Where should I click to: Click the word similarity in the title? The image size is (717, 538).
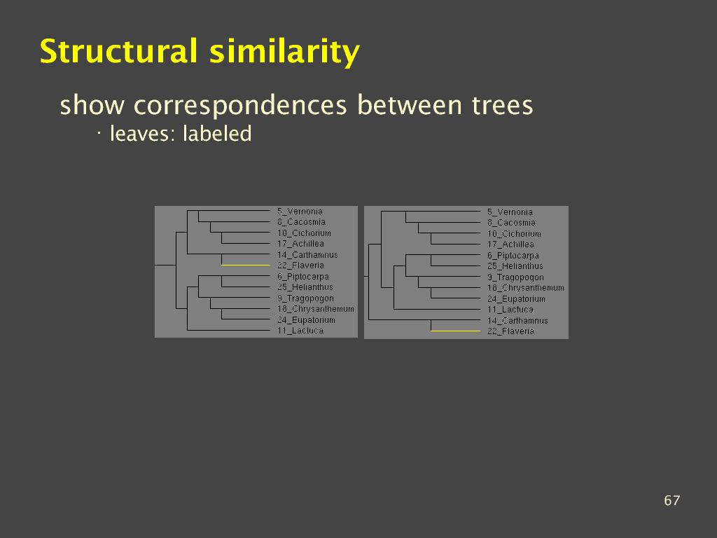pos(284,52)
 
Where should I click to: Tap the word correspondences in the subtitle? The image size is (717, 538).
pos(240,106)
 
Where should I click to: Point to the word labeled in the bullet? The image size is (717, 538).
pos(217,134)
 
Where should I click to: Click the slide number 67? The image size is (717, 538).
pos(671,500)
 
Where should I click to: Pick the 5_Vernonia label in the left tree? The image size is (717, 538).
pos(300,212)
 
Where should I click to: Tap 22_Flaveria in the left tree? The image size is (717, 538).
pos(300,265)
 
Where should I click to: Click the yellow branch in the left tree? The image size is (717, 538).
pos(246,265)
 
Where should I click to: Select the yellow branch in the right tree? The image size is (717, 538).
pos(455,331)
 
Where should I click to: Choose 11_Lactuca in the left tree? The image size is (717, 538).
pos(300,331)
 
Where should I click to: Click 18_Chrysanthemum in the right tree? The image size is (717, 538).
pos(525,288)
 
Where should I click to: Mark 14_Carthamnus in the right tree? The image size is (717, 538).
pos(517,321)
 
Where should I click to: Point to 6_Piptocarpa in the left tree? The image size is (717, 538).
pos(302,276)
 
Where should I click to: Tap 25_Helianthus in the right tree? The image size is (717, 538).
pos(515,266)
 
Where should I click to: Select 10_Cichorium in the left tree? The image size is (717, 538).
pos(304,233)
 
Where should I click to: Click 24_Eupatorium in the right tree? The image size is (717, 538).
pos(516,299)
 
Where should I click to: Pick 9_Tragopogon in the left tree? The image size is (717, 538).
pos(305,298)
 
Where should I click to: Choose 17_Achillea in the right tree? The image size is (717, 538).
pos(510,244)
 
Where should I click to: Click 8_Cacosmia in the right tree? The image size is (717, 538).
pos(510,223)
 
